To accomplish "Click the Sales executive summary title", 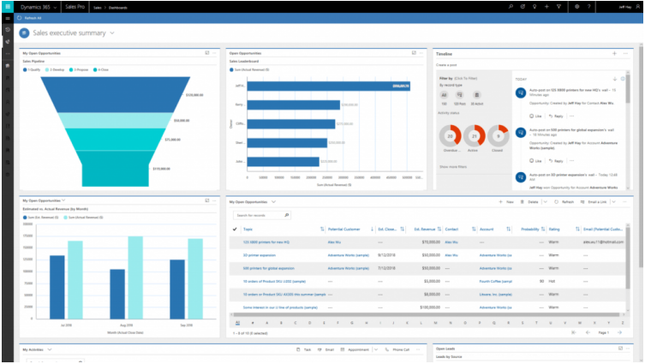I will click(70, 33).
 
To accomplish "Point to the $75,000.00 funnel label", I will click(172, 139).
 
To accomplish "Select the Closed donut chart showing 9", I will click(498, 135).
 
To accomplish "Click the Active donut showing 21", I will click(474, 135).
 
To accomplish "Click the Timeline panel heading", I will click(444, 53).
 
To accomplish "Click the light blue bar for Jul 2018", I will click(75, 279).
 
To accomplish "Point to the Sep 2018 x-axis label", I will click(183, 326).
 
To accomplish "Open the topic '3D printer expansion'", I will click(260, 255).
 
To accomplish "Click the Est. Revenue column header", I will click(425, 230).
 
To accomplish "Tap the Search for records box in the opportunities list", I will click(260, 215).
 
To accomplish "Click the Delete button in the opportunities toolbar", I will click(531, 202).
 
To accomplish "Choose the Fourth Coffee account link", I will click(496, 280).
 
